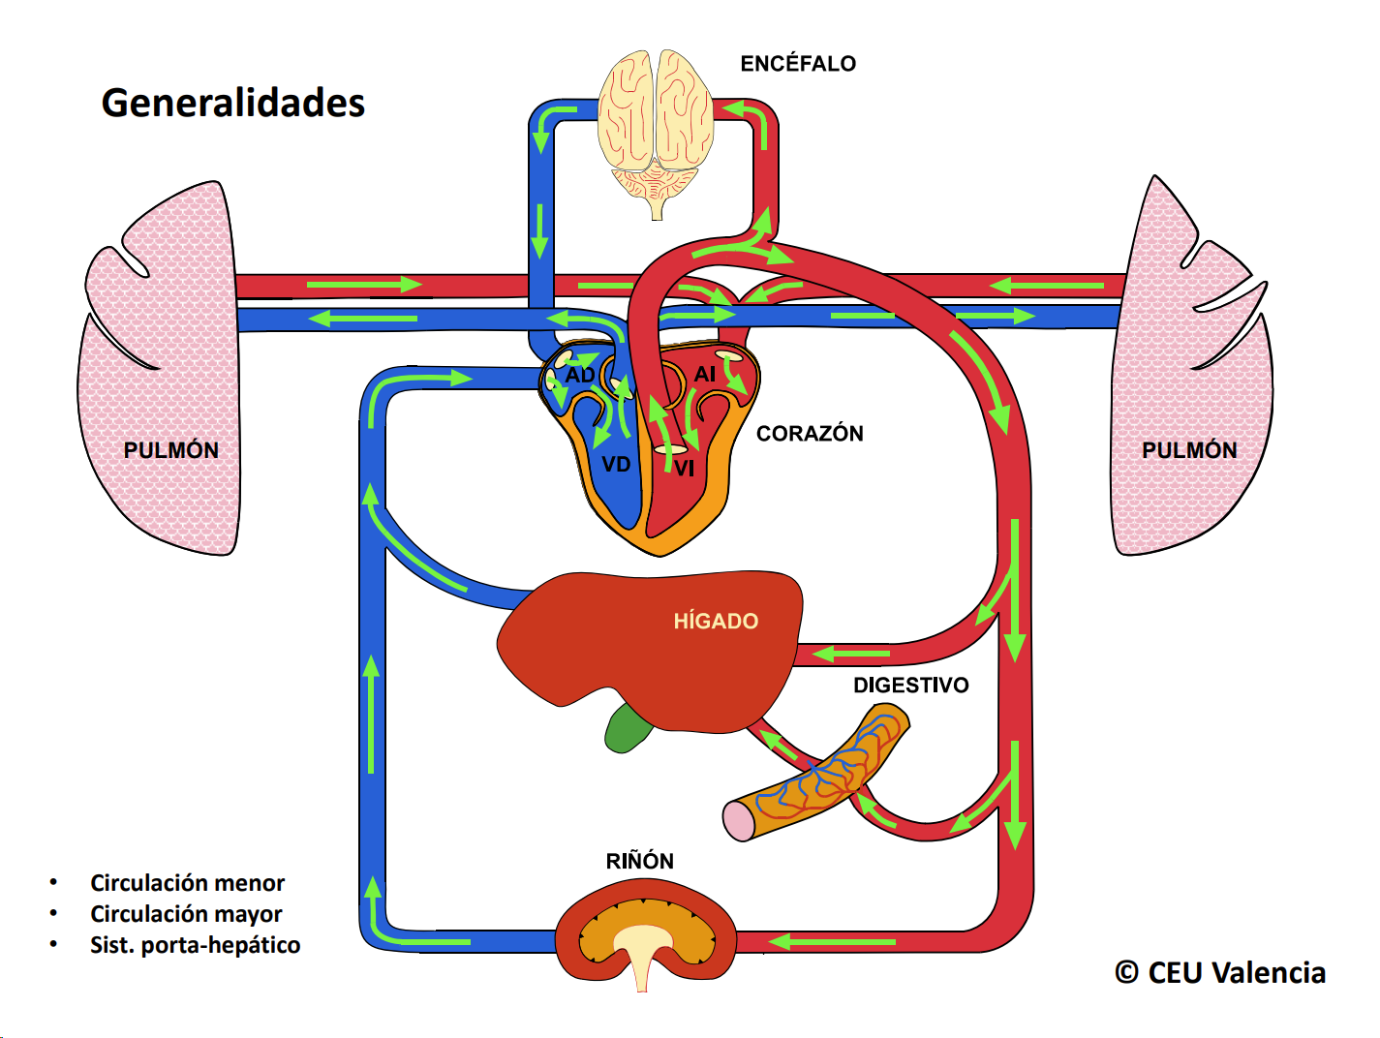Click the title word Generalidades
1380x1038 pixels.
click(x=232, y=103)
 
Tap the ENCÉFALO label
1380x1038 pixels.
click(x=798, y=64)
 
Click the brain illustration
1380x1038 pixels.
click(x=656, y=126)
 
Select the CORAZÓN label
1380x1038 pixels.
click(x=810, y=434)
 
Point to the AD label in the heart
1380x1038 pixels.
click(x=580, y=375)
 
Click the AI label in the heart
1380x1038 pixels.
click(x=705, y=374)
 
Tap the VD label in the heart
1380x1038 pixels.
click(x=616, y=465)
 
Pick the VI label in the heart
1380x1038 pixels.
click(x=685, y=469)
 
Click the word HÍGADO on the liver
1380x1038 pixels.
click(x=716, y=622)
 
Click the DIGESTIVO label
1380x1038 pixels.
click(x=910, y=686)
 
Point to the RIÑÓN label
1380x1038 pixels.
click(x=639, y=862)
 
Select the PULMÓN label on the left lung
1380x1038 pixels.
click(x=171, y=450)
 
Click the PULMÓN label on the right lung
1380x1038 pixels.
click(x=1189, y=450)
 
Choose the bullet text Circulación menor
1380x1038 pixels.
click(x=187, y=883)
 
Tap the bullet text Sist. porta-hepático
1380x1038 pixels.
click(x=195, y=945)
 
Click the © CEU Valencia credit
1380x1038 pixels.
click(x=1219, y=973)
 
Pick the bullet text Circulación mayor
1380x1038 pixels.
click(x=186, y=914)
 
